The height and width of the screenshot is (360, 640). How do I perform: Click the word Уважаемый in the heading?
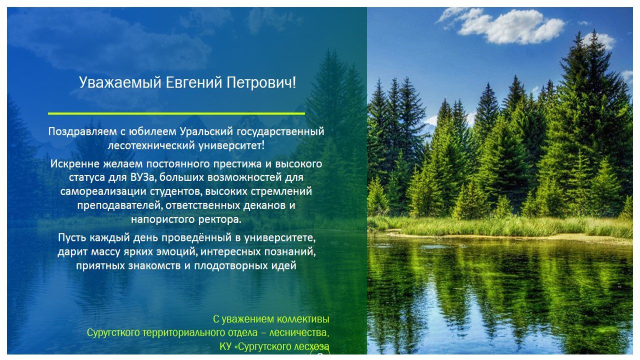pyautogui.click(x=120, y=83)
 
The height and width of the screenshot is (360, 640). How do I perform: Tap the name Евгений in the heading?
pyautogui.click(x=194, y=82)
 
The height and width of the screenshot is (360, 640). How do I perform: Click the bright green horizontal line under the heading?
pyautogui.click(x=176, y=113)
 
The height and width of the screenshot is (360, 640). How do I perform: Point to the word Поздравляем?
pyautogui.click(x=82, y=132)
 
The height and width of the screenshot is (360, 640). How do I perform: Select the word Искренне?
pyautogui.click(x=75, y=164)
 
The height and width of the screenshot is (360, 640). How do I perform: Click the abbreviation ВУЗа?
pyautogui.click(x=141, y=177)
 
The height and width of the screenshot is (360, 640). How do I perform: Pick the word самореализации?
pyautogui.click(x=103, y=191)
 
